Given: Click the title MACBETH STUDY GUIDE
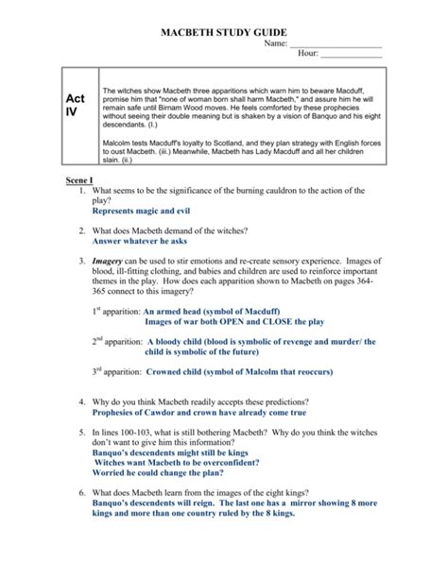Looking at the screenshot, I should (224, 31).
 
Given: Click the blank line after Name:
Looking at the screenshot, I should (336, 45).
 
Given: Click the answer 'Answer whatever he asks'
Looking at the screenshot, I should (143, 242).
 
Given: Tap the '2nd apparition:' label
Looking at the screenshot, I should (114, 342).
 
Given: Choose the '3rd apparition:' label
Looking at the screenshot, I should (114, 372).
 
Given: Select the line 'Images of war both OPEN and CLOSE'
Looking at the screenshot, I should (238, 320).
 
